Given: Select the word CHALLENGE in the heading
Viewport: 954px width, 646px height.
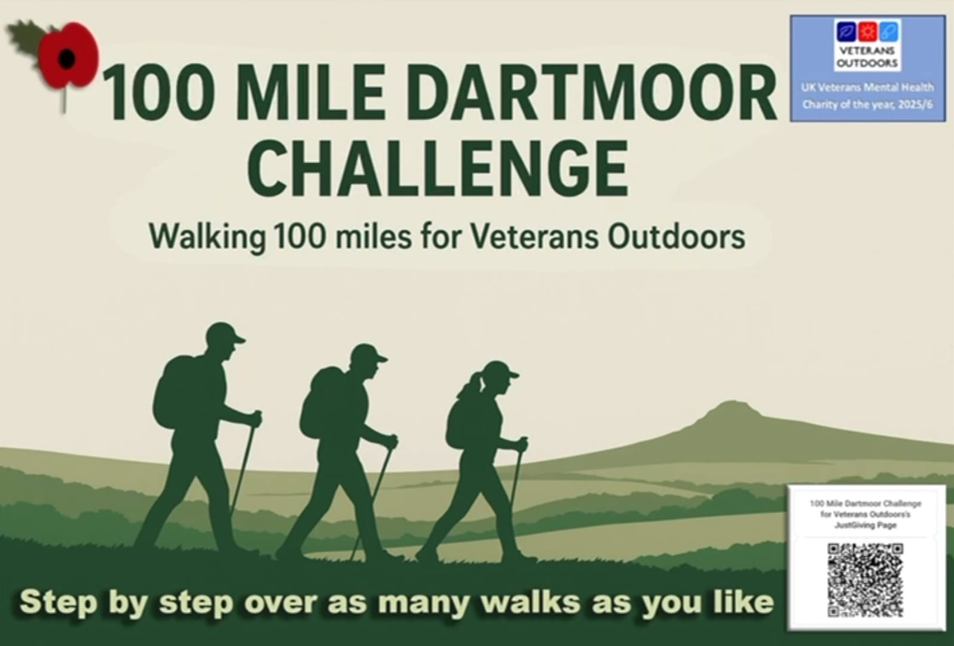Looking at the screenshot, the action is click(x=438, y=167).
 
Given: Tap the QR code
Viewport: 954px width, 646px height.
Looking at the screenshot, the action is click(x=865, y=580).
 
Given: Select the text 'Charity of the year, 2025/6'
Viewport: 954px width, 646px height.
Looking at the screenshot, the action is click(x=867, y=105).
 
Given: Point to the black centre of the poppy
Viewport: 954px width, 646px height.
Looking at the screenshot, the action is click(x=66, y=59).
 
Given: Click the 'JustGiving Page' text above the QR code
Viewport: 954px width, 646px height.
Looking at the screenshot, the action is click(x=865, y=525).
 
